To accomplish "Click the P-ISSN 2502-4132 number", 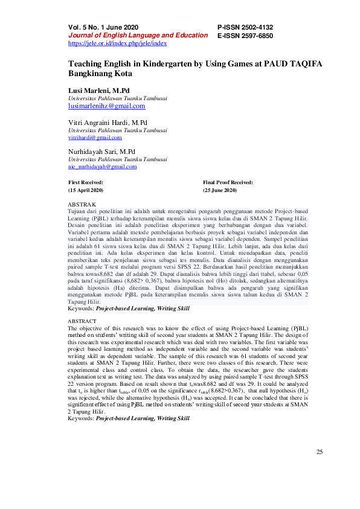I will pyautogui.click(x=245, y=27).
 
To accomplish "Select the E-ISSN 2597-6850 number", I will pyautogui.click(x=245, y=36).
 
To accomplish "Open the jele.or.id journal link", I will pyautogui.click(x=117, y=43).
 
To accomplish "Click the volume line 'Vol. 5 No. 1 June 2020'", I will pyautogui.click(x=103, y=27).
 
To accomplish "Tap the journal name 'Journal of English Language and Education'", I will pyautogui.click(x=138, y=35).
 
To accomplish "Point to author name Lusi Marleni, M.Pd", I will pyautogui.click(x=99, y=90).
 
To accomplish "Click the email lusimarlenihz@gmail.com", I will pyautogui.click(x=107, y=106).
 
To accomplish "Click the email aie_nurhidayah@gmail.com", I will pyautogui.click(x=102, y=166).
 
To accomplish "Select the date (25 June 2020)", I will pyautogui.click(x=220, y=190).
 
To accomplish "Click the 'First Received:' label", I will pyautogui.click(x=85, y=182).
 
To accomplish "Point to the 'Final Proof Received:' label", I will pyautogui.click(x=228, y=182).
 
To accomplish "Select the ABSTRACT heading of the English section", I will pyautogui.click(x=82, y=321).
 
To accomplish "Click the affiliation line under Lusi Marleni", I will pyautogui.click(x=117, y=98).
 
